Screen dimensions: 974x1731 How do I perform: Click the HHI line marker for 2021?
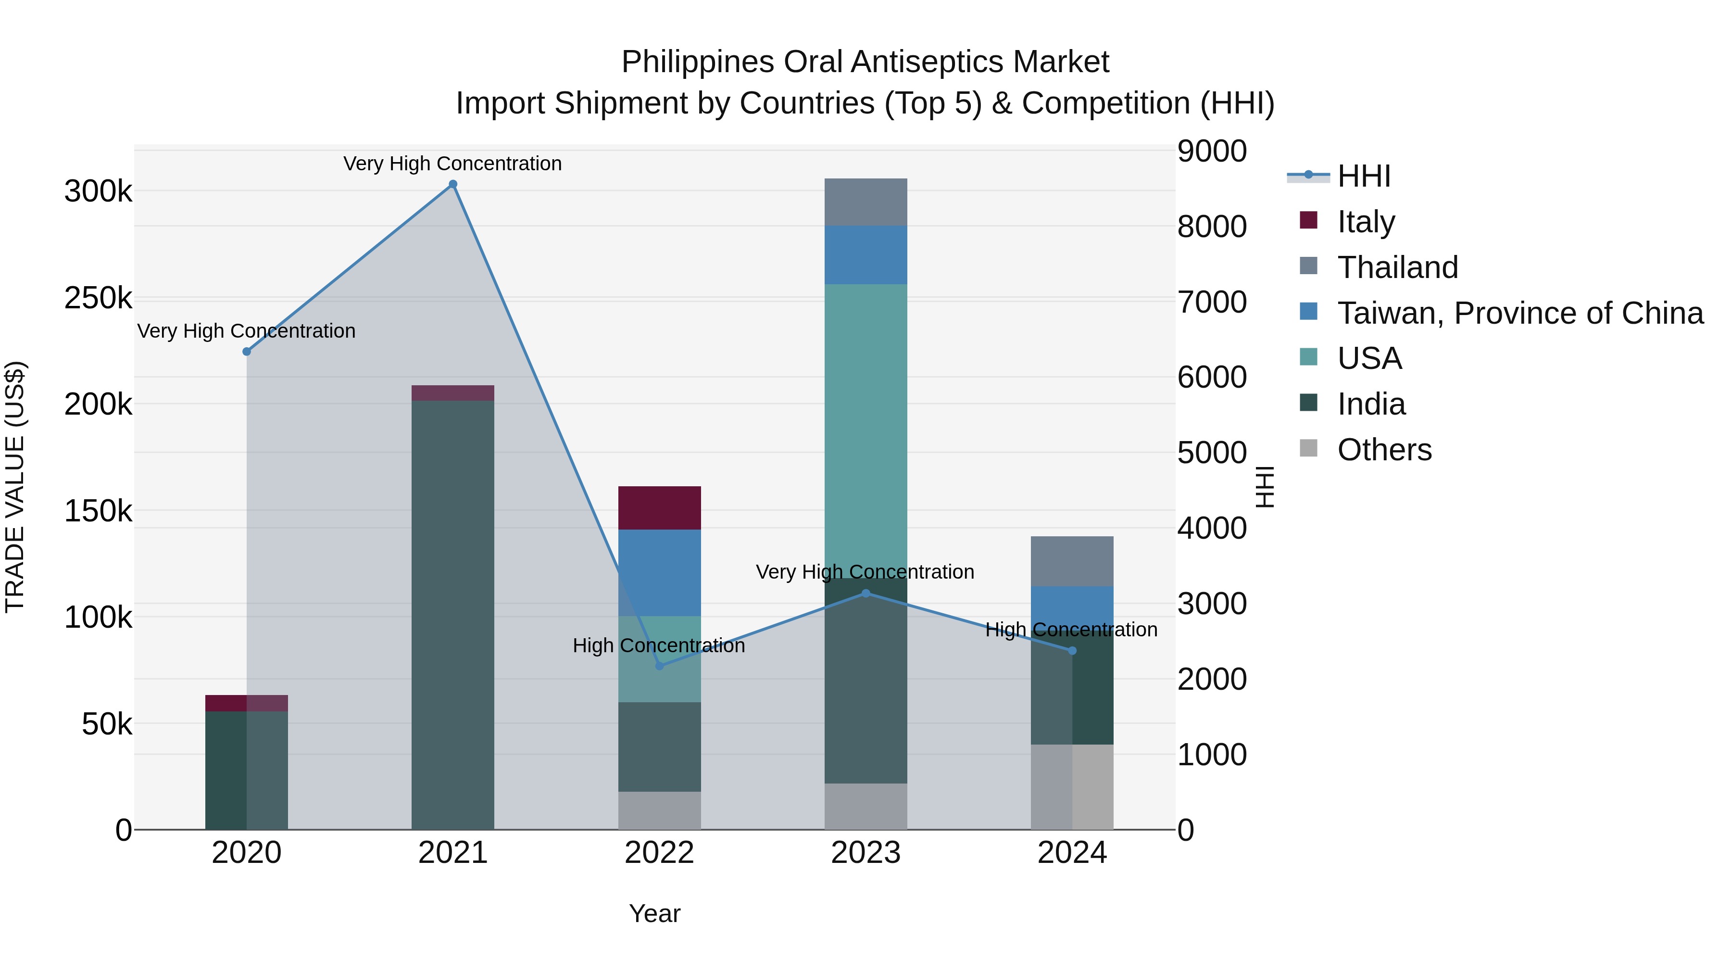point(453,184)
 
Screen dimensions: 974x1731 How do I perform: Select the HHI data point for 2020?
point(247,352)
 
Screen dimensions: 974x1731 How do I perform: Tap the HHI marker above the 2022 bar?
point(659,666)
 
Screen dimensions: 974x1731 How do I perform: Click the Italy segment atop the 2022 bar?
point(659,507)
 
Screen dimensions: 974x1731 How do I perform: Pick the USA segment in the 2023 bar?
point(865,430)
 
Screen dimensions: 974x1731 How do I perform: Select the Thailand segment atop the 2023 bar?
point(865,202)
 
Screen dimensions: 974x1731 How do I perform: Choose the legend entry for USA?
point(1369,358)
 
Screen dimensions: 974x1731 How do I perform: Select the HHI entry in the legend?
point(1364,176)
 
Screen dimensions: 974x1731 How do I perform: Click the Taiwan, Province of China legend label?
point(1520,313)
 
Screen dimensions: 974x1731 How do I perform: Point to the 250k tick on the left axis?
point(98,298)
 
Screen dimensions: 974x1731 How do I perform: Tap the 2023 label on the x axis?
point(865,853)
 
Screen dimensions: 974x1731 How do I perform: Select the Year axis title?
point(654,913)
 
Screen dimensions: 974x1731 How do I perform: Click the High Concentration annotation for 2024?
point(1071,630)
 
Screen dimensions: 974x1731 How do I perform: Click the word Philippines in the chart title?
point(698,62)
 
